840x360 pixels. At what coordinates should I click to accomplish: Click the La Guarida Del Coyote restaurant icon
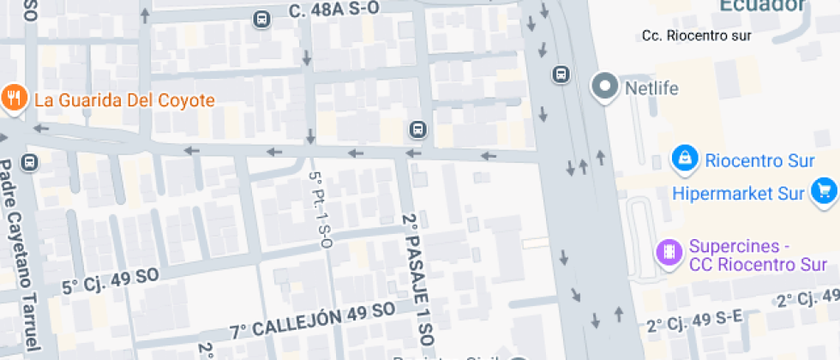(x=14, y=99)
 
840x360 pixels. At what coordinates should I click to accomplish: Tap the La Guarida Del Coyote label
(x=124, y=100)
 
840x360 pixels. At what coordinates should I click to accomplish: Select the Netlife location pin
(x=606, y=87)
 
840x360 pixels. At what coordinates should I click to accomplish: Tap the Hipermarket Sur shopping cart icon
(x=825, y=190)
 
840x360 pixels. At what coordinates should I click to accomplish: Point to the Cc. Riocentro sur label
(x=696, y=36)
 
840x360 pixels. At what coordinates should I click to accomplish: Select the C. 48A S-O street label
(x=334, y=10)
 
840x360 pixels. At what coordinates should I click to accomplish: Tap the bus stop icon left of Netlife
(x=561, y=75)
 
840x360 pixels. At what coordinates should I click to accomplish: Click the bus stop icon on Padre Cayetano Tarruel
(x=31, y=161)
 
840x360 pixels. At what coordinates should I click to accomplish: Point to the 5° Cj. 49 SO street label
(x=111, y=279)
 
